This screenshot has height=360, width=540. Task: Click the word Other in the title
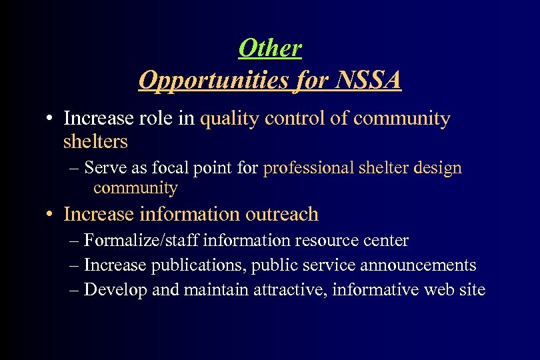[x=270, y=48]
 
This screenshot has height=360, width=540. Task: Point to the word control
[x=297, y=119]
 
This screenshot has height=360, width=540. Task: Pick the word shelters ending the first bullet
[x=95, y=141]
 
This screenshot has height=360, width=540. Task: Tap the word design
[x=437, y=169]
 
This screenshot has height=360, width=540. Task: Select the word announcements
[x=418, y=265]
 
